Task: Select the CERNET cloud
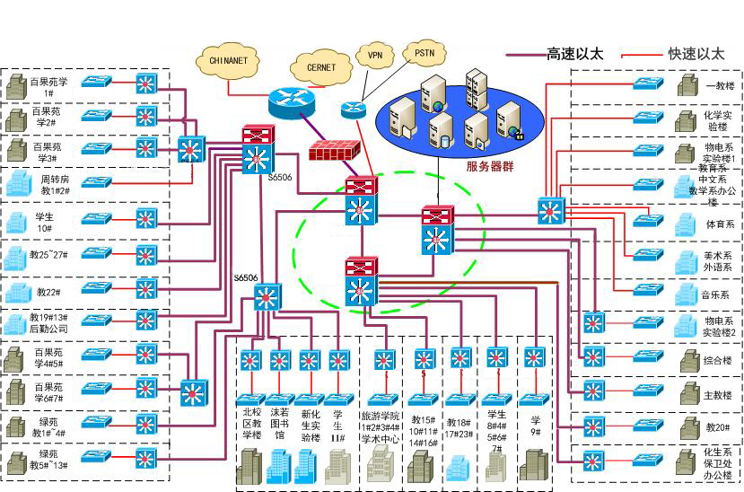pyautogui.click(x=321, y=68)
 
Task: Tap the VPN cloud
pyautogui.click(x=373, y=55)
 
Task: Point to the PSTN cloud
pyautogui.click(x=424, y=54)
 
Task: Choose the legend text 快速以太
pyautogui.click(x=696, y=55)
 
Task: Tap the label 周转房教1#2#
pyautogui.click(x=56, y=185)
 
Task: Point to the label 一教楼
pyautogui.click(x=719, y=86)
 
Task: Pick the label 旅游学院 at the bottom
pyautogui.click(x=381, y=417)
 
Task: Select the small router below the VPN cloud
pyautogui.click(x=354, y=109)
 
